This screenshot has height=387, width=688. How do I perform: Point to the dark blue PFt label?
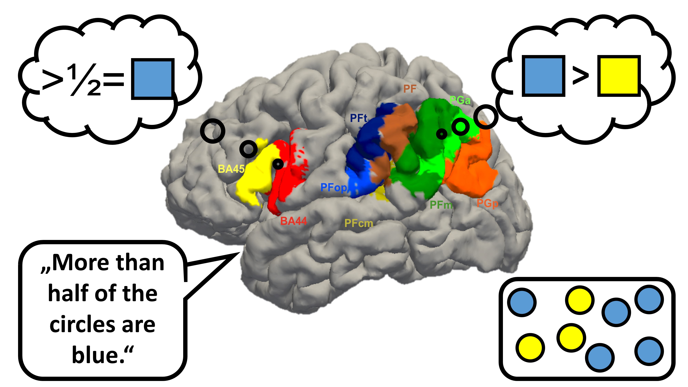359,118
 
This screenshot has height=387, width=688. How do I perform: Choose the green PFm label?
441,205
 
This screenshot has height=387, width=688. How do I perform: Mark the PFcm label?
359,223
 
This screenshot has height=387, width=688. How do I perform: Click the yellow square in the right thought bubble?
619,76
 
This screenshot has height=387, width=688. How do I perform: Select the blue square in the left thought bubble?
153,79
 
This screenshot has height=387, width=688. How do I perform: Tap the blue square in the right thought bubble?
544,76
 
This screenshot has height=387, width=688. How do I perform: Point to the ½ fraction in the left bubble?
83,80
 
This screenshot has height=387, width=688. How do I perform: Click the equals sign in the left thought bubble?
114,79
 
